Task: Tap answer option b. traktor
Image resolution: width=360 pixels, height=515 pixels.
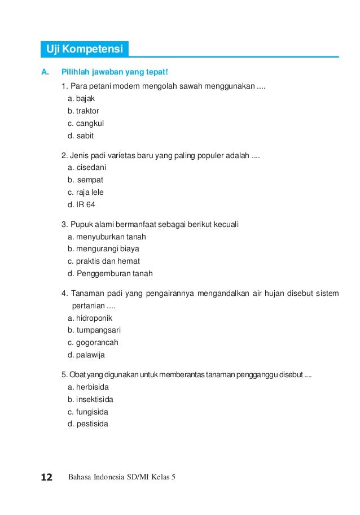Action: click(x=83, y=111)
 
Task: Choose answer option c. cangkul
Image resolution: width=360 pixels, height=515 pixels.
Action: click(x=85, y=123)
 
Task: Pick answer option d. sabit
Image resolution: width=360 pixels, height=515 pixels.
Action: click(x=80, y=136)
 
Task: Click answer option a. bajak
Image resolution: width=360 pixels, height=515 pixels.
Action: click(x=81, y=98)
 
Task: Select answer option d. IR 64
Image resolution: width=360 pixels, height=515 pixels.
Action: click(x=81, y=204)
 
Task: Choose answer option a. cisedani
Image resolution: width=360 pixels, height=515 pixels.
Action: click(x=87, y=167)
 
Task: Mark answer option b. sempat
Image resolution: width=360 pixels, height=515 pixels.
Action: click(x=85, y=180)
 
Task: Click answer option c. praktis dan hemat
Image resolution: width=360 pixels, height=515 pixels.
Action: click(x=103, y=261)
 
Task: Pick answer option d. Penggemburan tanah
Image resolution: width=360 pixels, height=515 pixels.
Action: click(x=109, y=273)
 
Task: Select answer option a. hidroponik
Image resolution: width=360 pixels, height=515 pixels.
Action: click(x=90, y=318)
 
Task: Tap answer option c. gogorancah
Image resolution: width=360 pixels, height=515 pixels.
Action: click(x=93, y=343)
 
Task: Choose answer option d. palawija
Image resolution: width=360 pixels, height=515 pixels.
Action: click(x=86, y=355)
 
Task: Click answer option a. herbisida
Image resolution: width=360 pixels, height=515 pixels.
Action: click(x=87, y=387)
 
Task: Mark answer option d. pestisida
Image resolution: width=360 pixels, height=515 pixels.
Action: click(x=87, y=424)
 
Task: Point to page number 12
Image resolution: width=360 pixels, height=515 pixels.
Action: click(x=46, y=478)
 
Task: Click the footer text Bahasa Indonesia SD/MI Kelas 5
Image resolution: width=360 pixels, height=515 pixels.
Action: click(x=121, y=478)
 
